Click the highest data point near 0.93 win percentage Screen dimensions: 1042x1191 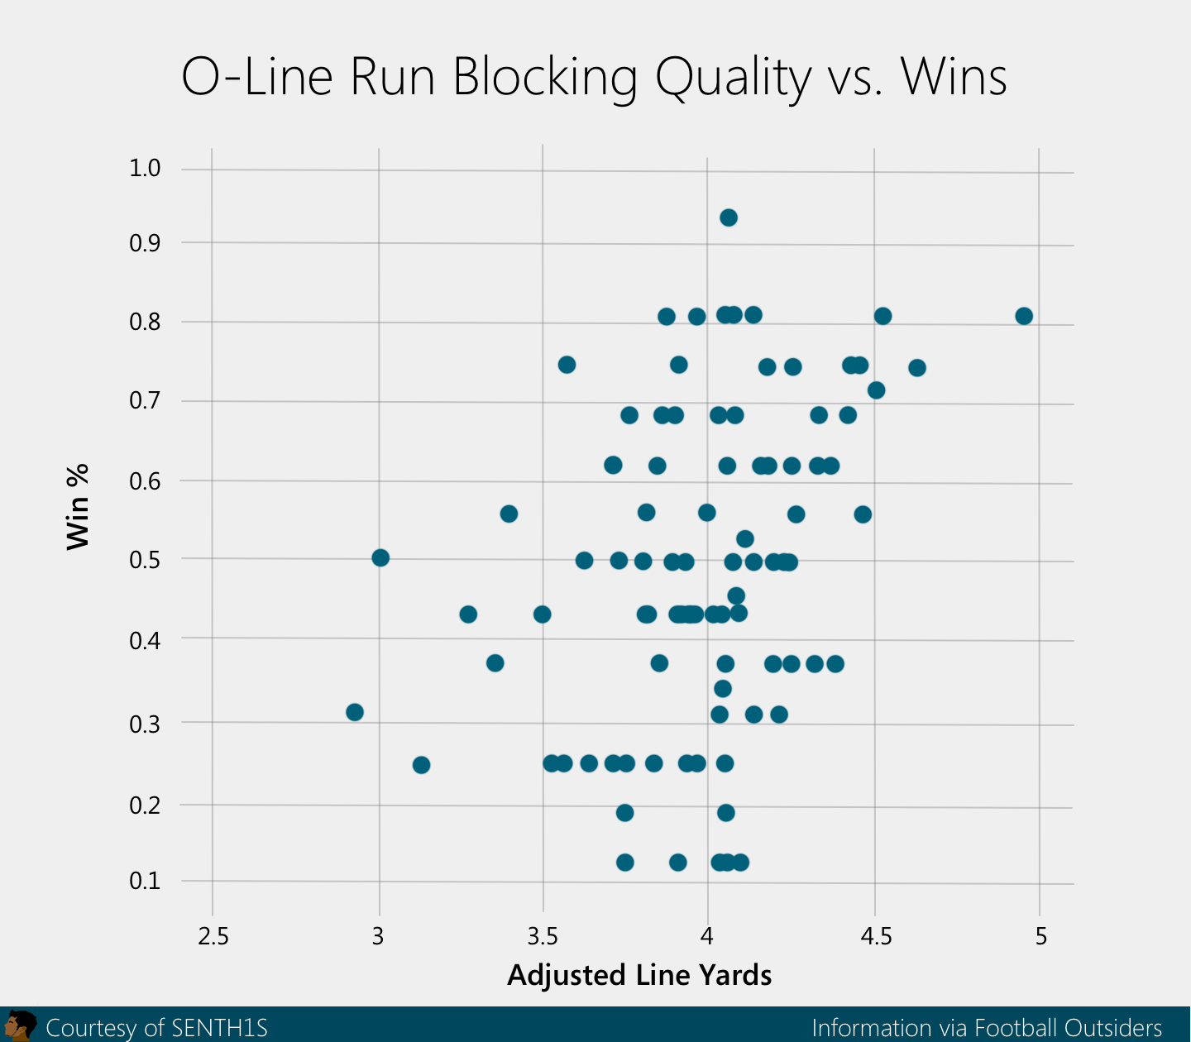coord(728,217)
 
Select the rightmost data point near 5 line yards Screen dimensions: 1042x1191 coord(1024,316)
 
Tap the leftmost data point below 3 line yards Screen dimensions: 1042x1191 coord(355,712)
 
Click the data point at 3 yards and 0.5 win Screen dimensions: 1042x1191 coord(380,557)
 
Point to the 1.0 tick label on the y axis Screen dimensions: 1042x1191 coord(145,169)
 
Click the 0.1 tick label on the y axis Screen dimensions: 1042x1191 coord(145,881)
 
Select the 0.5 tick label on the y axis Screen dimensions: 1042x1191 coord(145,560)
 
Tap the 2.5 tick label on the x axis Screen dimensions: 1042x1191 coord(213,936)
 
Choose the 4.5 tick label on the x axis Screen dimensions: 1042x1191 coord(876,936)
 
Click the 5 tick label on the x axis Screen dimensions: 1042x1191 coord(1040,936)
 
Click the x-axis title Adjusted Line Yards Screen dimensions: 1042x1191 coord(639,976)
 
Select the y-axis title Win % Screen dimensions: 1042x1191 coord(78,507)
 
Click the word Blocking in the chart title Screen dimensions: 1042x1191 coord(545,77)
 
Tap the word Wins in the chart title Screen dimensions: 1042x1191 coord(954,77)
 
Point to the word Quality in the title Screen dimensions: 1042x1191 coord(733,77)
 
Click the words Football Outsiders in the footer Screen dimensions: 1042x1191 coord(1068,1028)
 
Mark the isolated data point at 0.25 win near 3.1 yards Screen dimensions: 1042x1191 coord(421,765)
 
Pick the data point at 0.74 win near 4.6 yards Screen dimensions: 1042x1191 coord(916,368)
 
